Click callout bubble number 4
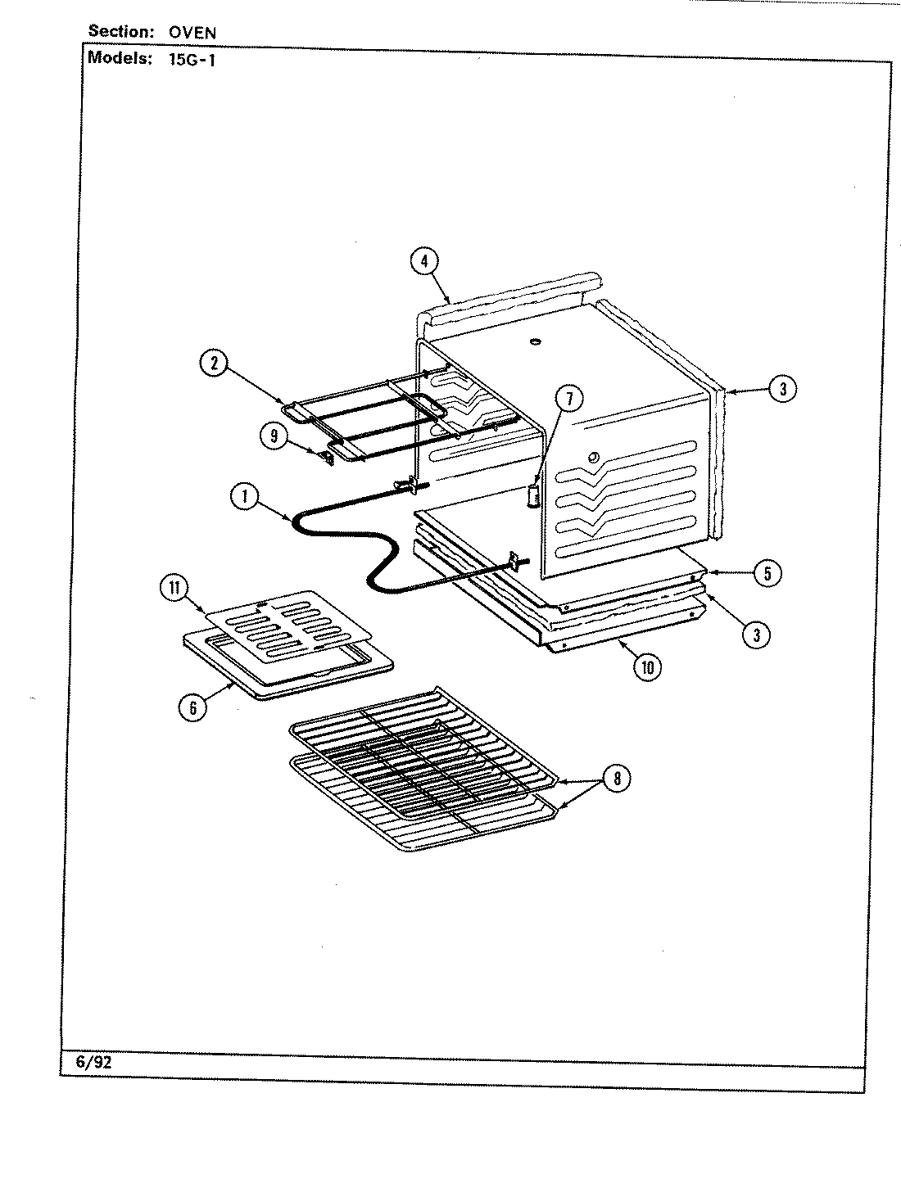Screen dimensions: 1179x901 tap(423, 262)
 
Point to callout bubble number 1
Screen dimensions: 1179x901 tap(243, 498)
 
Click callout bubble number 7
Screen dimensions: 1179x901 tap(569, 399)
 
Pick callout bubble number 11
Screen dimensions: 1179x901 tap(174, 589)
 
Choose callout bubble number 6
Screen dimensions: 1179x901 tap(192, 708)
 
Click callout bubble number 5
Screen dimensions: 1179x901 tap(767, 573)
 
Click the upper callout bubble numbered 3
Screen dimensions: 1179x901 tap(782, 390)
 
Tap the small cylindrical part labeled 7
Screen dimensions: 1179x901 tap(533, 496)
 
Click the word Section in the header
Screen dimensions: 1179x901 tap(120, 33)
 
